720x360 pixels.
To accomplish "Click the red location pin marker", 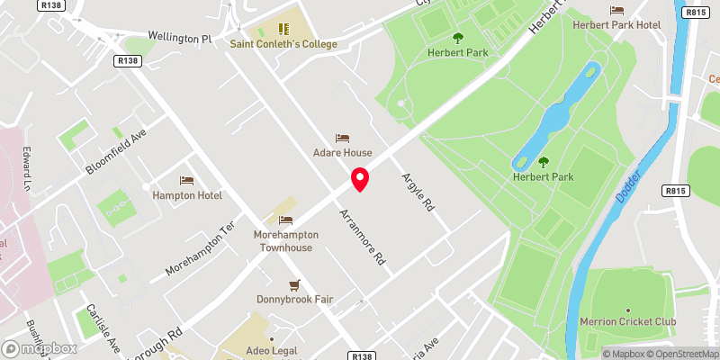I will [360, 179].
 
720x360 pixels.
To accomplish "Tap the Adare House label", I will [342, 153].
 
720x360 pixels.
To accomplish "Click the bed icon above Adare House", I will [342, 138].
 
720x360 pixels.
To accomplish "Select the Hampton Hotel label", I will [187, 195].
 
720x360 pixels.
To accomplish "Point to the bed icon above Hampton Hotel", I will [187, 180].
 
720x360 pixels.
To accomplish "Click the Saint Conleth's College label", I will [284, 44].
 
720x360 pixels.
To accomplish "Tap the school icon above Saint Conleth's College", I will [284, 29].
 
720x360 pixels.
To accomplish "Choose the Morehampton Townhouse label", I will [287, 241].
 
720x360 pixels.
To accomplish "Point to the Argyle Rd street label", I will [418, 191].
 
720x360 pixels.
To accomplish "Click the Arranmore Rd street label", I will [363, 236].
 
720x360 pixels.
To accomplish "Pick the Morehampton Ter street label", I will [200, 250].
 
